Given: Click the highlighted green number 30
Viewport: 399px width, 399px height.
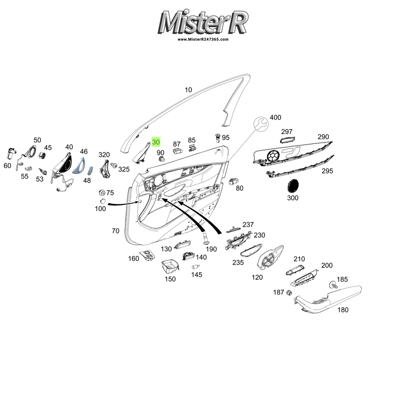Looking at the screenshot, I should coord(156,142).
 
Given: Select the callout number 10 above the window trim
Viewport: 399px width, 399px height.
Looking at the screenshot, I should coord(188,90).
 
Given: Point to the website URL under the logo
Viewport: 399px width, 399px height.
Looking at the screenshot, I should coord(203,40).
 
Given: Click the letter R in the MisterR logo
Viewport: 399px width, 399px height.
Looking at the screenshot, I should coord(238,22).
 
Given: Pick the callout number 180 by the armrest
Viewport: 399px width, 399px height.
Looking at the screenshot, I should coord(343,310).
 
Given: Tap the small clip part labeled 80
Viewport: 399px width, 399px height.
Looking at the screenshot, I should coord(233,182).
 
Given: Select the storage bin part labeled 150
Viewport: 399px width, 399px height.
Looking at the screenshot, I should coord(170,266).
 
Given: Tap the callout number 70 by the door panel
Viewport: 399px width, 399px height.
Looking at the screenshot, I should coord(115,231).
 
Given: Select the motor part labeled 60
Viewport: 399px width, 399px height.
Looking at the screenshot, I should coord(10,153).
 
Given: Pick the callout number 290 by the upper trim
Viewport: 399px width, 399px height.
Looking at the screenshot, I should coord(323,137).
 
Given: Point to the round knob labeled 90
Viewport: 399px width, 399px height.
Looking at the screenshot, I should coord(162,159).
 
